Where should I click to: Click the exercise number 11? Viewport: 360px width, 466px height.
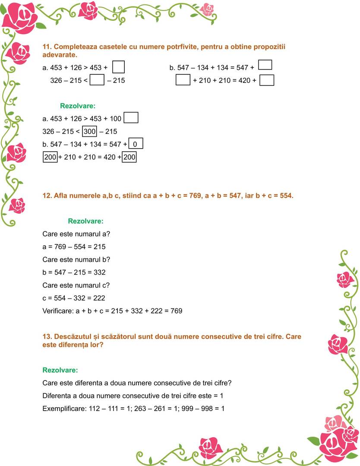point(47,47)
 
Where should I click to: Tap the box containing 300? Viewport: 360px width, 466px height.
point(89,131)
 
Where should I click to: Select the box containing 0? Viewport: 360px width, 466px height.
point(136,144)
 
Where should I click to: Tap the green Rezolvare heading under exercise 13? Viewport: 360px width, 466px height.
point(60,370)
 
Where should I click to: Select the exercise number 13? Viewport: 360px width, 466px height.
point(47,336)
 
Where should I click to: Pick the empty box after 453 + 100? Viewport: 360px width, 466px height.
point(131,118)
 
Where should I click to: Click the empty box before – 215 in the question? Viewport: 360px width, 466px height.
point(98,80)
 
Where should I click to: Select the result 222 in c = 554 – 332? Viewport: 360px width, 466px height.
point(99,298)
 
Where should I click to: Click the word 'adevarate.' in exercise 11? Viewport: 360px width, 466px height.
point(60,55)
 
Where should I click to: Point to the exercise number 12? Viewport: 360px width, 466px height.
point(47,196)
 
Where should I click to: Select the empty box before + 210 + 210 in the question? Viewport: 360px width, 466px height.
point(183,80)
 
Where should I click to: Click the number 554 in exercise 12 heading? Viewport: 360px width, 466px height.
point(285,196)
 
